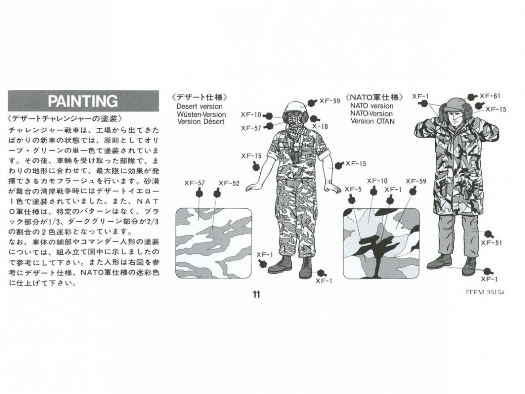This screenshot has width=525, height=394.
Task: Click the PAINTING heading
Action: [83, 101]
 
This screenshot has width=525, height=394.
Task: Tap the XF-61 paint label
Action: [490, 96]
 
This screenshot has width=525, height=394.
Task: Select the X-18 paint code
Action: [320, 126]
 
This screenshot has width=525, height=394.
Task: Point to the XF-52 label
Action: [229, 183]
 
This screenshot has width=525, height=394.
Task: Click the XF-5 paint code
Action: [353, 189]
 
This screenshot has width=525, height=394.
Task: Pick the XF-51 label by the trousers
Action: [491, 243]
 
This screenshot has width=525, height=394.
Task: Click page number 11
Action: [256, 294]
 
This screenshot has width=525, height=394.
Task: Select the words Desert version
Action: [200, 107]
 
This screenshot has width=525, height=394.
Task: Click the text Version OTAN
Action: [373, 121]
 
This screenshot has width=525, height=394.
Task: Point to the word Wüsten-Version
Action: [202, 114]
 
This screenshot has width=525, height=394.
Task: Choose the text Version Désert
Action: [201, 121]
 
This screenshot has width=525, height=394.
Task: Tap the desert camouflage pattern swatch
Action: [213, 243]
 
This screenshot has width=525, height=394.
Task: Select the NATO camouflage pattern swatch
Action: [381, 243]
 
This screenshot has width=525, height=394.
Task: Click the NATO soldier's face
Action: [455, 117]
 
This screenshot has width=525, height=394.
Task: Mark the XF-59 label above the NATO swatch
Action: [416, 181]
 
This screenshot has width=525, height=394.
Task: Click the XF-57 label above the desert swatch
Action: [194, 183]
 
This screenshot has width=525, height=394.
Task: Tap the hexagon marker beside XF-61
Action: [472, 97]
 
